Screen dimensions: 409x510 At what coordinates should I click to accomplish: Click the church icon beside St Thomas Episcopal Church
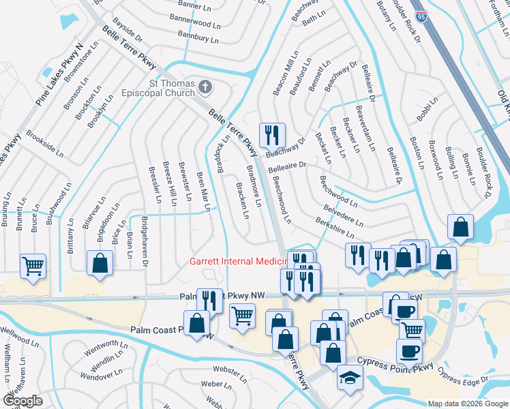207,87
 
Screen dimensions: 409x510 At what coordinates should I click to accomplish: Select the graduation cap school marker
350,378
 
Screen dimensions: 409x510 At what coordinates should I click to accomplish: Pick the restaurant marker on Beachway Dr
272,134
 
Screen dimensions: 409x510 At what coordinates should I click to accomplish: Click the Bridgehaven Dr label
145,238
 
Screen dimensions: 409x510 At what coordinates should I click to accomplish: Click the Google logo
22,401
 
